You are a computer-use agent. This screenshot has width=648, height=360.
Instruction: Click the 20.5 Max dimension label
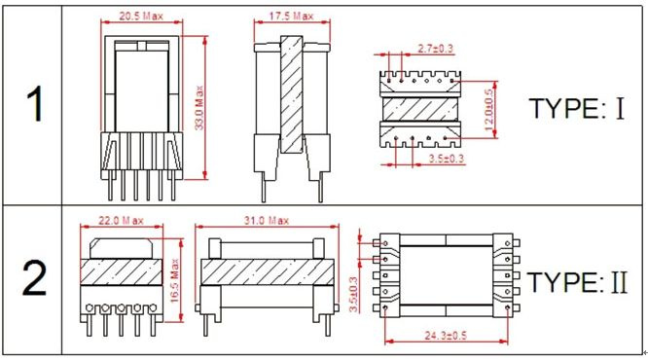(x=141, y=17)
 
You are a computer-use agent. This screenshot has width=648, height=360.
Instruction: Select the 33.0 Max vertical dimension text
(x=199, y=107)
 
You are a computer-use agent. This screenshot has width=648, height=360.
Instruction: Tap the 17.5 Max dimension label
(x=291, y=17)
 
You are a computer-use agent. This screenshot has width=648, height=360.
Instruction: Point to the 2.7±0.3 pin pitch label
(x=435, y=49)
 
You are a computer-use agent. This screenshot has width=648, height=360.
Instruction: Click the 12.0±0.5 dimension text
(x=488, y=110)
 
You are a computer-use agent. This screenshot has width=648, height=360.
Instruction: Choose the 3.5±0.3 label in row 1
(x=447, y=159)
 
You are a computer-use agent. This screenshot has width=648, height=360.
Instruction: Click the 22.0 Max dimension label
(x=121, y=221)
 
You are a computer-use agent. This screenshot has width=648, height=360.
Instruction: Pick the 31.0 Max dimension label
(x=267, y=221)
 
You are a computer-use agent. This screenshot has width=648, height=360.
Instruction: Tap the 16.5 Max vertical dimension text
(x=175, y=280)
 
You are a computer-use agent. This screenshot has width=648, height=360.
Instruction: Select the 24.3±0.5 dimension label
(x=446, y=336)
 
